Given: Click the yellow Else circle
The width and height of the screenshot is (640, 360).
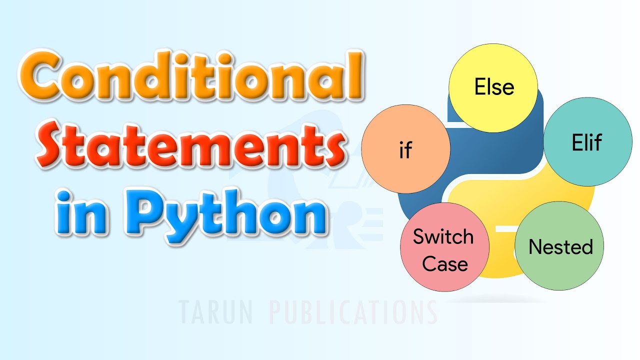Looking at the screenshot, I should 493,88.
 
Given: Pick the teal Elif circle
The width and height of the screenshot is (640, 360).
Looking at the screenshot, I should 587,143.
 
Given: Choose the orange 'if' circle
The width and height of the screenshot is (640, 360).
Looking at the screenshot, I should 405,150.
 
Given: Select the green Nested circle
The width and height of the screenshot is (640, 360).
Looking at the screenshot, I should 559,246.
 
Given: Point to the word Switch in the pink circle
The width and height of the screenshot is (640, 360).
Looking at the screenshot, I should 443,236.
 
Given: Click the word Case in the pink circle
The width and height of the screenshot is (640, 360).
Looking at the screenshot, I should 445,263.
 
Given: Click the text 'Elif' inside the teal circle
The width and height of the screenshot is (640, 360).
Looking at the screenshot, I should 587,143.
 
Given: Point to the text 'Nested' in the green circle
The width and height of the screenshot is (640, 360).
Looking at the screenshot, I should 560,246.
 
